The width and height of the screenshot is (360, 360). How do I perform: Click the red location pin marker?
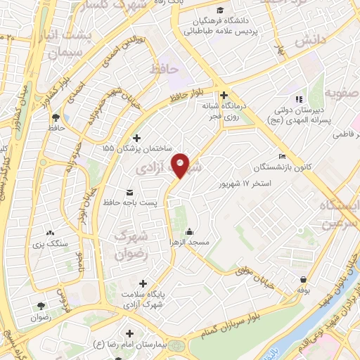click(181, 165)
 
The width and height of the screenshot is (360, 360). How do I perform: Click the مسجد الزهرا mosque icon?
click(189, 231)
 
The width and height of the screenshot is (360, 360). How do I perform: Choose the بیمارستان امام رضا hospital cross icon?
click(129, 332)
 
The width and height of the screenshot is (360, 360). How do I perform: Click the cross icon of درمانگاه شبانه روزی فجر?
click(224, 96)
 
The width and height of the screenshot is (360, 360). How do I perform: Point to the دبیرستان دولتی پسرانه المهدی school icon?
click(299, 99)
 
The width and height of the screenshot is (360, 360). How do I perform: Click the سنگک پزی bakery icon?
click(49, 233)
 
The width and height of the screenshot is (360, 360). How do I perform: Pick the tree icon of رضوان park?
click(41, 306)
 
